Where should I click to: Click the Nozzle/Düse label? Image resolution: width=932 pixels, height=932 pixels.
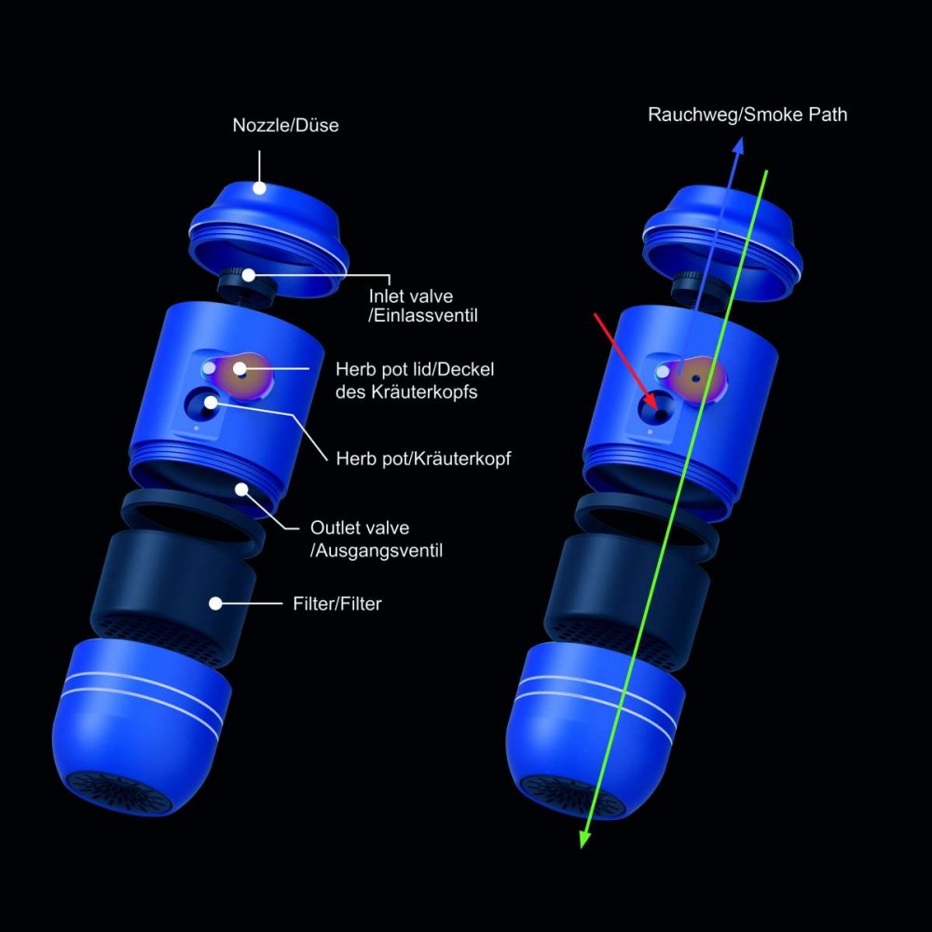coord(285,126)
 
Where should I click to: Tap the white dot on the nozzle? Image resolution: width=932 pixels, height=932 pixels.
coord(259,188)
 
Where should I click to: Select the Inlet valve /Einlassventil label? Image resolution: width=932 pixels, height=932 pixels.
coord(422,306)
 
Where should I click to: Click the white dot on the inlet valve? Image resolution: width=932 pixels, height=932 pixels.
coord(249,275)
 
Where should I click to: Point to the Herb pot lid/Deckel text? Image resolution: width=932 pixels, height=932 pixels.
coord(415,369)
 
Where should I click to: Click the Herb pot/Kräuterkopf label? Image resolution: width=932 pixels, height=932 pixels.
coord(423,459)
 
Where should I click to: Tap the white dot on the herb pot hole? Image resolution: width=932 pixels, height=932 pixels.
coord(211,403)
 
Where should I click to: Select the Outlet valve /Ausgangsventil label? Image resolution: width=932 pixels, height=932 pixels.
coord(377,539)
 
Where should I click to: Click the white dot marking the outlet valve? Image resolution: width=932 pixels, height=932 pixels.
coord(241,489)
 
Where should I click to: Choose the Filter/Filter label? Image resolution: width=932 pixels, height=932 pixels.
coord(337,604)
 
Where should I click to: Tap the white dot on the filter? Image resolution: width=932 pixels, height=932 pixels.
coord(216,603)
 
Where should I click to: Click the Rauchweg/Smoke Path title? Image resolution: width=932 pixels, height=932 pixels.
coord(747,114)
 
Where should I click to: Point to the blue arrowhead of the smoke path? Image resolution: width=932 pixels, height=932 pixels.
coord(737,145)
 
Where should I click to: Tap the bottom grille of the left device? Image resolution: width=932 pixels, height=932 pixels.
coord(119,791)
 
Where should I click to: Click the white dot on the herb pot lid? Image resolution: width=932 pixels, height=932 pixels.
coord(240,369)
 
